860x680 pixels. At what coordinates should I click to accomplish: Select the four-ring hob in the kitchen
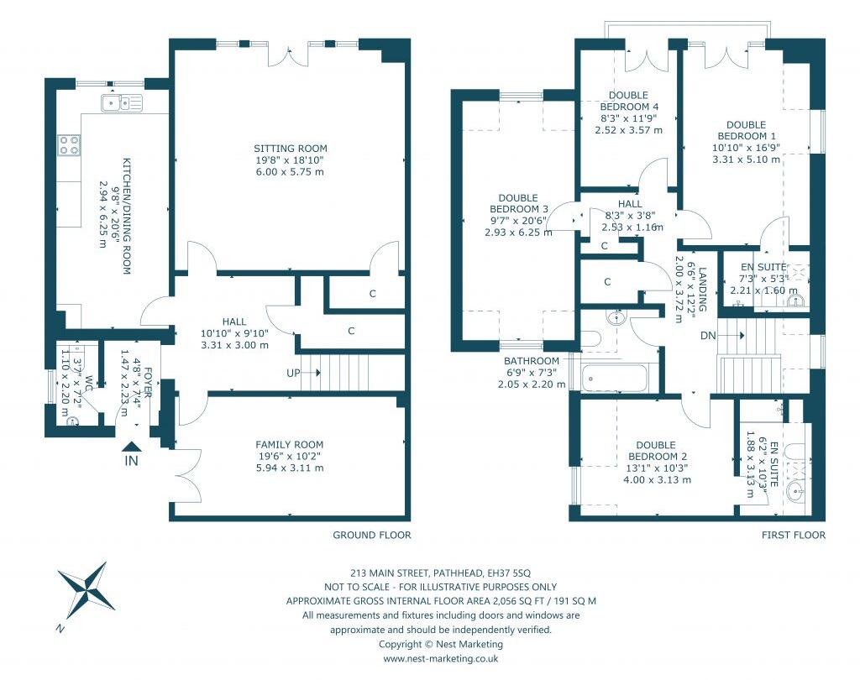(x=69, y=145)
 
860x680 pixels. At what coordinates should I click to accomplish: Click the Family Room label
(x=290, y=445)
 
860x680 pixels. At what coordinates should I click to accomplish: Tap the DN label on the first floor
(x=708, y=335)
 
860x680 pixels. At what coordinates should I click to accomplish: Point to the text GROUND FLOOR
(x=372, y=535)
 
